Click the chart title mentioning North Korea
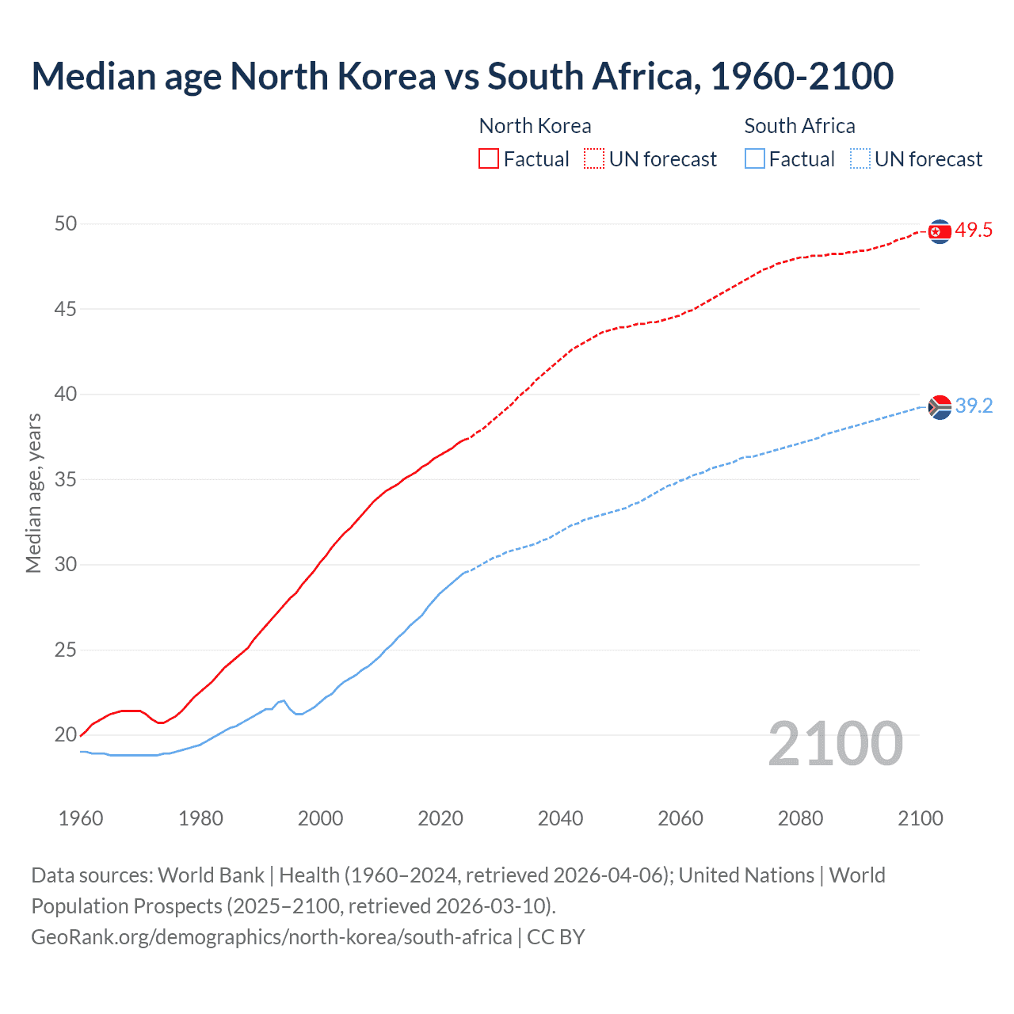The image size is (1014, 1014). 463,77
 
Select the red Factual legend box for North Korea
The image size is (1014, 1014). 489,159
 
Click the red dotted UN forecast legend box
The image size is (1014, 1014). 594,159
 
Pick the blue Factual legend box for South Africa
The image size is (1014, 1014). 755,159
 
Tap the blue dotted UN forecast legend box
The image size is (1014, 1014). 860,159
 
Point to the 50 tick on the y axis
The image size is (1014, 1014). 66,224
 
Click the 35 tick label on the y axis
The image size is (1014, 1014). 66,480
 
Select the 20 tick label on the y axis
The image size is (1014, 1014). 66,735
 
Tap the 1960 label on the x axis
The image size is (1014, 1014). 81,818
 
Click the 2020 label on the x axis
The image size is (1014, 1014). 440,818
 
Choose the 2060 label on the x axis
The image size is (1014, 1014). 680,818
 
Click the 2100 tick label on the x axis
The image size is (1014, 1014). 921,818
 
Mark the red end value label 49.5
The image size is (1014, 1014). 974,231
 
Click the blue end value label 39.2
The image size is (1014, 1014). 974,406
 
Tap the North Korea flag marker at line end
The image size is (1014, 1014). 940,231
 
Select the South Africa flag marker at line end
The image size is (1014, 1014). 940,407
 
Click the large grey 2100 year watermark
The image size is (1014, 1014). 836,744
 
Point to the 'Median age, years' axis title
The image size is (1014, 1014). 33,493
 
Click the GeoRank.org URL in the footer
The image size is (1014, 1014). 271,937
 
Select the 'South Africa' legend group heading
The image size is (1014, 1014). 799,126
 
